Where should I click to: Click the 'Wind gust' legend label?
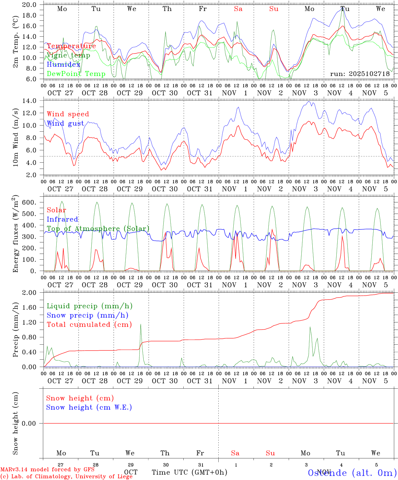click(65, 123)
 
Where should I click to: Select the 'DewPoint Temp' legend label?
click(76, 74)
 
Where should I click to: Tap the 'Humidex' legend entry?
click(63, 64)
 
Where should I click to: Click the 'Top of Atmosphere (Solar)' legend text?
click(98, 229)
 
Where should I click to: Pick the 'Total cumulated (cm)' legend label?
click(89, 324)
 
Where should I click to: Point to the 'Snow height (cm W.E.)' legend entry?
click(89, 407)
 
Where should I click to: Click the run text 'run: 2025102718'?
click(360, 74)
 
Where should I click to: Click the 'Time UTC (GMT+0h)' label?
click(189, 472)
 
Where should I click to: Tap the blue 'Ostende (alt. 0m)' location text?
click(352, 473)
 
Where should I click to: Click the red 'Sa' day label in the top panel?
click(238, 9)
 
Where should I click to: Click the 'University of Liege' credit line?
click(67, 476)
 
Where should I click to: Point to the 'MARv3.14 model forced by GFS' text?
click(47, 469)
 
